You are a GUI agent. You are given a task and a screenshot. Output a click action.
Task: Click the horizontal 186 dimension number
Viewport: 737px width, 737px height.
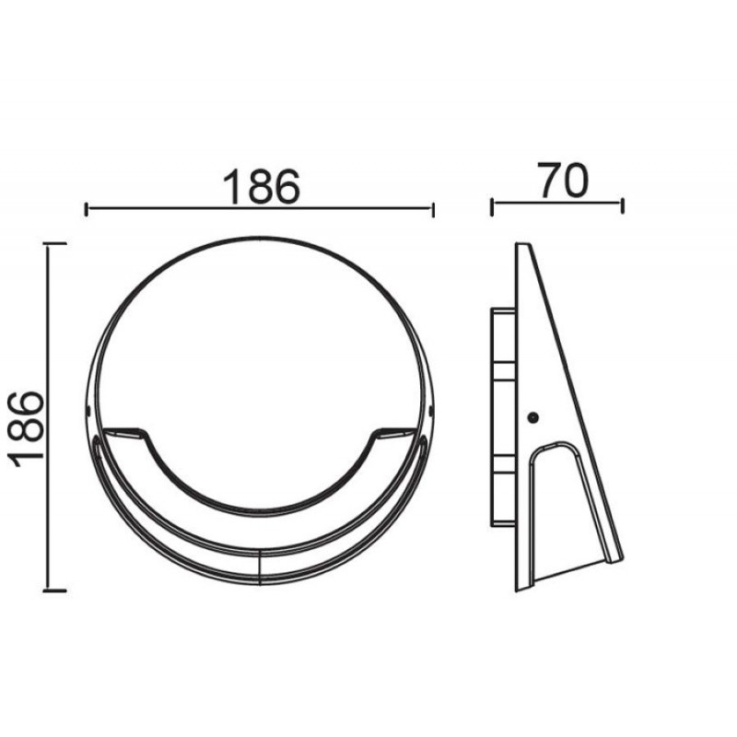click(261, 187)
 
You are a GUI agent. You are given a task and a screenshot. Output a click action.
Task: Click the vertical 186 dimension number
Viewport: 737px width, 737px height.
click(27, 428)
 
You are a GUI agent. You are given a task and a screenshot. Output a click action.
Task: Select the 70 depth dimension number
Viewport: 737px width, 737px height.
click(563, 181)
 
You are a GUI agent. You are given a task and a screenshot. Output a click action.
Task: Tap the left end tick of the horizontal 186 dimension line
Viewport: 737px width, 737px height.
click(86, 210)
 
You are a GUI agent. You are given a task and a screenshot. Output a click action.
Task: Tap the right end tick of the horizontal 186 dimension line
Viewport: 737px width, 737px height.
click(433, 210)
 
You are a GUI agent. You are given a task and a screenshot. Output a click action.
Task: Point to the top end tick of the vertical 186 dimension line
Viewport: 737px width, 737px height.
click(54, 243)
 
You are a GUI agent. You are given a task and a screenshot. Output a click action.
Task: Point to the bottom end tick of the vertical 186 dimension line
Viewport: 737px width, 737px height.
click(54, 591)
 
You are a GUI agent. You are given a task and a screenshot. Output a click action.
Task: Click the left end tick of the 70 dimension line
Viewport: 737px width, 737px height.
click(492, 206)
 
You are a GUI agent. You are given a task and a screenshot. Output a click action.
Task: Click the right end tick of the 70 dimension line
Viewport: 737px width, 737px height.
click(623, 205)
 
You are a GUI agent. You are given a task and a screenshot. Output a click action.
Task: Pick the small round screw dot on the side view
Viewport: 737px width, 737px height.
click(533, 417)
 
